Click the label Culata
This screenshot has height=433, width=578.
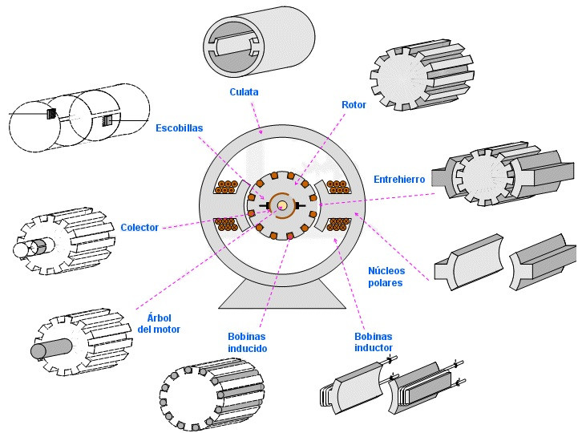(x=244, y=92)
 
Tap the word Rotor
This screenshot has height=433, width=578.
(x=354, y=105)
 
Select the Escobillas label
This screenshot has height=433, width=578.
(x=179, y=128)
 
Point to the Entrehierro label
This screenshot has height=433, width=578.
(x=399, y=180)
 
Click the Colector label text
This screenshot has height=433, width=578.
(x=139, y=227)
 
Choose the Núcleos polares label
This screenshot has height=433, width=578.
(x=386, y=277)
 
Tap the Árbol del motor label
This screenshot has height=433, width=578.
(x=159, y=323)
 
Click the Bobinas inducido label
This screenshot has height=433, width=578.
(x=248, y=342)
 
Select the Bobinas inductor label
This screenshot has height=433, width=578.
(x=374, y=342)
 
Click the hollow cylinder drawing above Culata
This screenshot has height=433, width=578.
(x=259, y=42)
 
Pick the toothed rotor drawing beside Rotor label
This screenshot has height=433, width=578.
(x=422, y=75)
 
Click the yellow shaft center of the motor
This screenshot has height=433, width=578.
(x=282, y=204)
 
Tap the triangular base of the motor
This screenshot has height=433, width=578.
(x=282, y=295)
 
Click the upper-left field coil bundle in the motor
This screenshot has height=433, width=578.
(x=226, y=187)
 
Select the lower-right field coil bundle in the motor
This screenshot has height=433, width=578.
(x=338, y=225)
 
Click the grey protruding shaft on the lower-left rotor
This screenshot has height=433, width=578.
(x=51, y=349)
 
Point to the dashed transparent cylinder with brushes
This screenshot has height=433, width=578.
(x=79, y=118)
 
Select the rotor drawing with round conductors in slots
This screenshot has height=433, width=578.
(x=212, y=394)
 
